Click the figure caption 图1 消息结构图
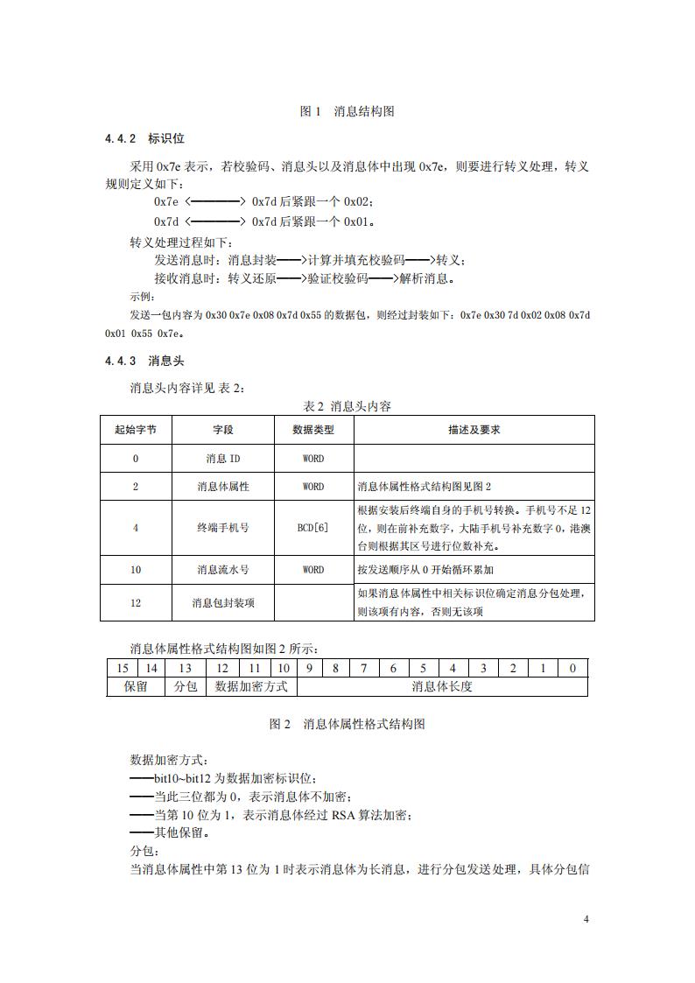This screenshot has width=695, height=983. click(x=347, y=111)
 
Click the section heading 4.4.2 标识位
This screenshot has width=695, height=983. click(x=144, y=139)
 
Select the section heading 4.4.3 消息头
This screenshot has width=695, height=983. click(x=144, y=361)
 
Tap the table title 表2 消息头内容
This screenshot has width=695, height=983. click(x=347, y=406)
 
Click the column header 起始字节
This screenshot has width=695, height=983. click(x=136, y=431)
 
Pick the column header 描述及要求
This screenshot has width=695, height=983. click(x=474, y=431)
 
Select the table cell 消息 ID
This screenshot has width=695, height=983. click(x=223, y=459)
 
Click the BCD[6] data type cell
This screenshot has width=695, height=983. click(x=313, y=528)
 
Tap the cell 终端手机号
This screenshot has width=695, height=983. click(x=223, y=528)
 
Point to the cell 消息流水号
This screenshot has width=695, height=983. click(x=223, y=570)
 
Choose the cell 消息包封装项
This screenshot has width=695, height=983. click(x=223, y=603)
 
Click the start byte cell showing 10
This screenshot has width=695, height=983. click(x=136, y=570)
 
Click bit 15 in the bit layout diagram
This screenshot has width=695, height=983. click(x=123, y=669)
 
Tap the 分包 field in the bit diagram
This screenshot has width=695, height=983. click(x=186, y=687)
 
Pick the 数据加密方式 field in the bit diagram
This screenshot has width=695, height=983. click(x=251, y=687)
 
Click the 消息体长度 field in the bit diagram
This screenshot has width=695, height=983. click(x=442, y=687)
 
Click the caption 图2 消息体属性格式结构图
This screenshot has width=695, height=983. click(x=347, y=725)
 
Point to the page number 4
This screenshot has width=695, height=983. click(x=586, y=920)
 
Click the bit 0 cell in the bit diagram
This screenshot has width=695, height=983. click(x=572, y=669)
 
